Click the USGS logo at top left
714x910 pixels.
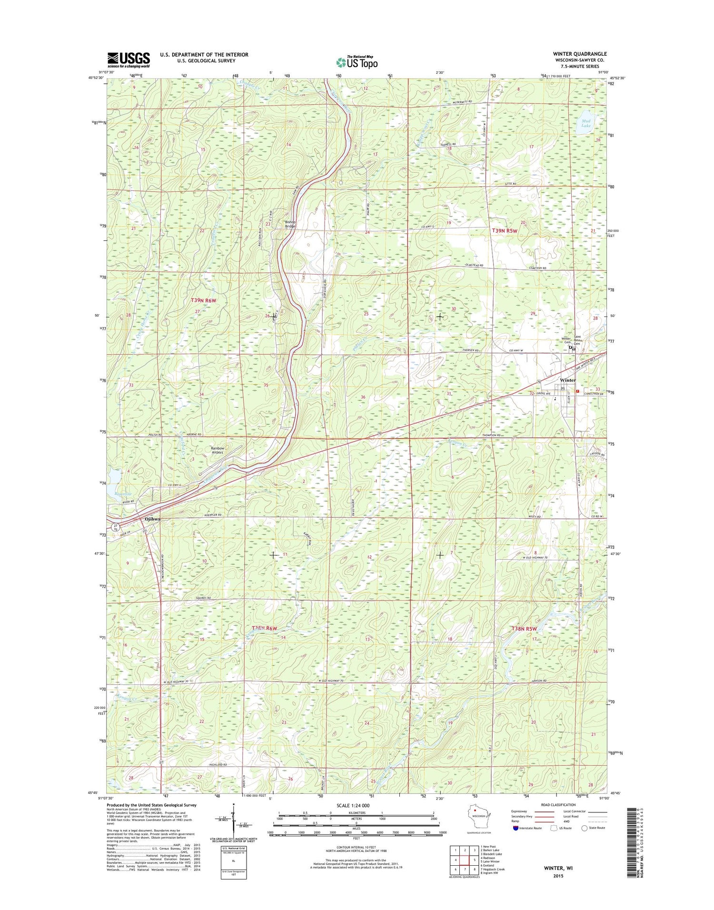pos(129,59)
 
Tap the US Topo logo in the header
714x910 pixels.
pos(357,62)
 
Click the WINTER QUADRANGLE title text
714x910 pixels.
pos(580,54)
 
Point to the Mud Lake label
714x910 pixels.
pos(586,123)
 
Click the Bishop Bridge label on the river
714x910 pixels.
pos(290,224)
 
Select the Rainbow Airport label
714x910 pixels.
pos(218,450)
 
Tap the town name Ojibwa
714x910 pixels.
pos(152,519)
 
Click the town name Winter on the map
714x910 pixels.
pos(568,380)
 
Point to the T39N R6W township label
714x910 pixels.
pos(203,300)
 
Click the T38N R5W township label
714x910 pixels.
pos(527,629)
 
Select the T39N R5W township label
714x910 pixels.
pos(511,230)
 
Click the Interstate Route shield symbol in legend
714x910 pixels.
pos(516,828)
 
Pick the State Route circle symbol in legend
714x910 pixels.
pos(584,828)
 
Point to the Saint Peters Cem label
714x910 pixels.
pos(577,340)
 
